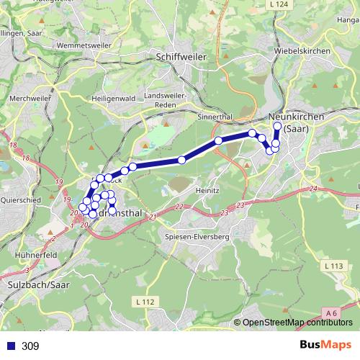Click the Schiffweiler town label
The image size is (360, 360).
click(181, 55)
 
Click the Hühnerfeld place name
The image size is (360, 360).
click(35, 254)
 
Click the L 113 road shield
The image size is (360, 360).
click(333, 266)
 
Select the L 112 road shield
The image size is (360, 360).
click(144, 301)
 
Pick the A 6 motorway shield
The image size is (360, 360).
click(330, 312)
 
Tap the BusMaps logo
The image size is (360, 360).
click(324, 345)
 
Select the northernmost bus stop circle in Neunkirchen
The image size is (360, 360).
click(277, 127)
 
